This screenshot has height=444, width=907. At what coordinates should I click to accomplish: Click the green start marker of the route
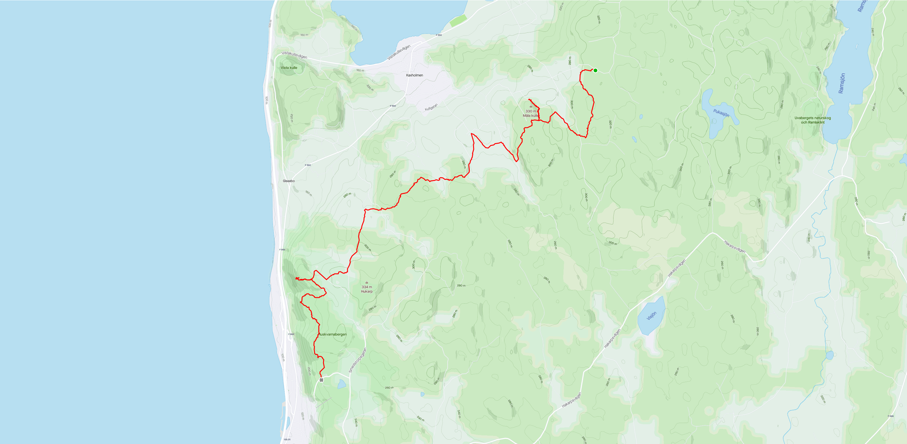click(x=595, y=70)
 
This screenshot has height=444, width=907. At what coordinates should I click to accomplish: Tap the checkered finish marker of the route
click(x=321, y=380)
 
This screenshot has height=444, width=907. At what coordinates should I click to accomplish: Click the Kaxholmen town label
click(x=414, y=75)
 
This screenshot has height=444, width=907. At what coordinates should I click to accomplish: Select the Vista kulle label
click(x=289, y=68)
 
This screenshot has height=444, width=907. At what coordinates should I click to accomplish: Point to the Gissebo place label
click(x=289, y=181)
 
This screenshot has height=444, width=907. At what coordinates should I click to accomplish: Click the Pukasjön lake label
click(x=721, y=113)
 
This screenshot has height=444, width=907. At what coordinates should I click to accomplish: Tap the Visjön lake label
click(x=651, y=316)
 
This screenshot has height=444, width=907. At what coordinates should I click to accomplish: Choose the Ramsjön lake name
click(x=842, y=83)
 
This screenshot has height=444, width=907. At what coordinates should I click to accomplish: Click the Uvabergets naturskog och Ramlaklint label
click(x=812, y=120)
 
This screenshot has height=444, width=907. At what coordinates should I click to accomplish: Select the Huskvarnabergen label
click(x=333, y=334)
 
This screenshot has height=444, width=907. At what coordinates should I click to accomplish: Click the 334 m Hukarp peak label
click(x=367, y=289)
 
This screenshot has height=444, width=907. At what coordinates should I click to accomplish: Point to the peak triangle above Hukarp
click(x=367, y=282)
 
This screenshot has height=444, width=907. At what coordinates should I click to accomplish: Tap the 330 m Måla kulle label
click(x=530, y=113)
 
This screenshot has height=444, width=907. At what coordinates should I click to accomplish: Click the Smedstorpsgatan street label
click(x=358, y=360)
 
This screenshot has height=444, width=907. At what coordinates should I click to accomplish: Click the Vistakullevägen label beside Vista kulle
click(x=294, y=55)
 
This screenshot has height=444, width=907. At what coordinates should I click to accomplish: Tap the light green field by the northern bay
click(x=458, y=21)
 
